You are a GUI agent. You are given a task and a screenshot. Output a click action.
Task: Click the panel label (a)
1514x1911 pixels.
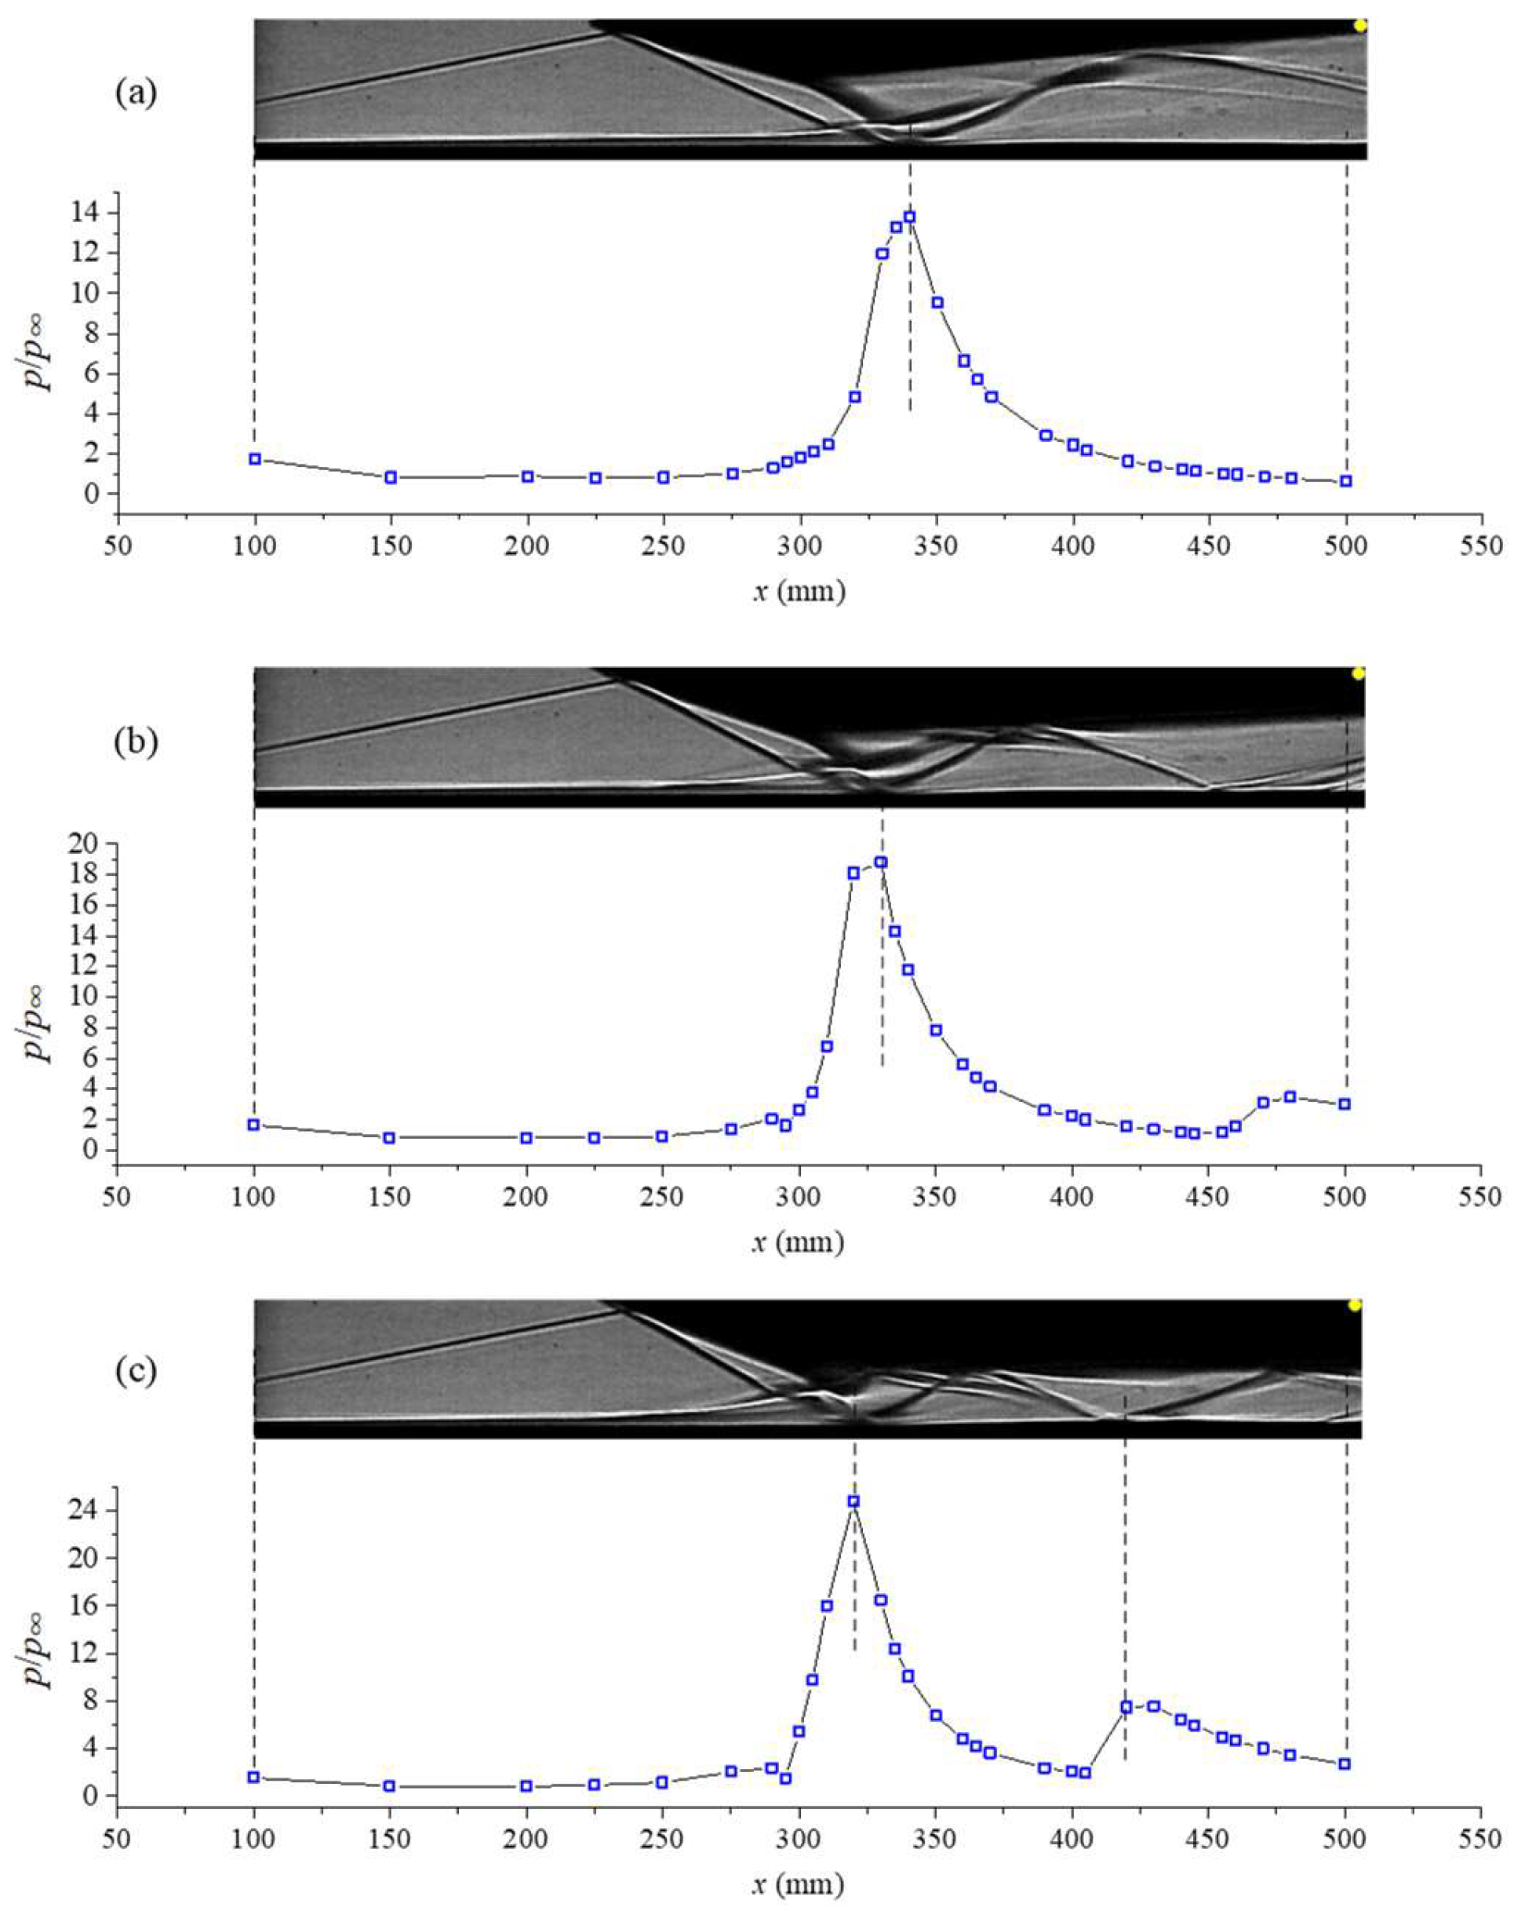pyautogui.click(x=136, y=94)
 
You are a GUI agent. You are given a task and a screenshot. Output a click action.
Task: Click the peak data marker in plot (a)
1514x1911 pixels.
pyautogui.click(x=909, y=217)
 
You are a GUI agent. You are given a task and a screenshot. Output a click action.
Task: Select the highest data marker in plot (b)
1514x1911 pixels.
pyautogui.click(x=881, y=862)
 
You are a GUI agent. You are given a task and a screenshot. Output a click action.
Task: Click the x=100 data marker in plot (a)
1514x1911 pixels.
pyautogui.click(x=255, y=459)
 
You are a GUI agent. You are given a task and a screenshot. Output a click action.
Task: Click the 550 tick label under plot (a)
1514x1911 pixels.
pyautogui.click(x=1483, y=546)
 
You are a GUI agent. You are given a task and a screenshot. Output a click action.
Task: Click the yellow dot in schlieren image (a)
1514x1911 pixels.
pyautogui.click(x=1359, y=26)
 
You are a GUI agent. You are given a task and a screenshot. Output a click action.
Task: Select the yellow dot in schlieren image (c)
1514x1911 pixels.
pyautogui.click(x=1355, y=1304)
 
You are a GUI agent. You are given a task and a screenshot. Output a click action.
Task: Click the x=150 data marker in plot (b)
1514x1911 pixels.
pyautogui.click(x=389, y=1137)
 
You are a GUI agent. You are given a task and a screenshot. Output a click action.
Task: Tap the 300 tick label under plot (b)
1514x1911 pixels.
pyautogui.click(x=800, y=1198)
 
